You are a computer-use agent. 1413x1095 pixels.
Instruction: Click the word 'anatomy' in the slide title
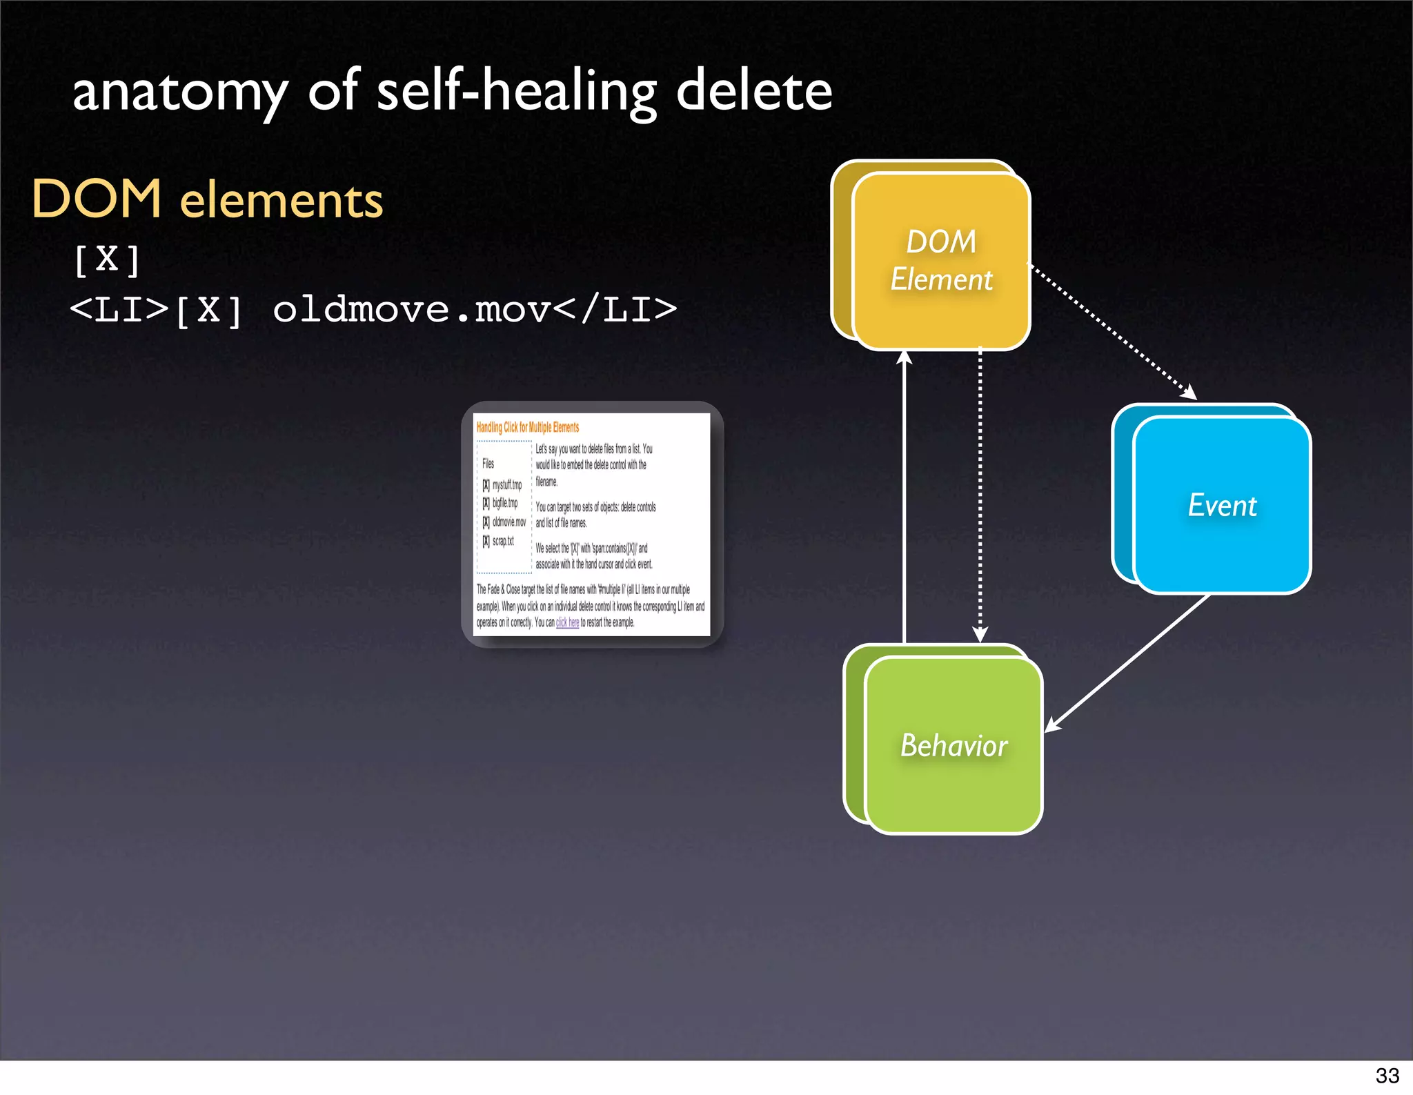pos(180,92)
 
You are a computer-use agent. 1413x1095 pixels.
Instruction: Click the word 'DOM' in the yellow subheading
pos(97,199)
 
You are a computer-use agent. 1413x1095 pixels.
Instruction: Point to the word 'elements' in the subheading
pos(281,201)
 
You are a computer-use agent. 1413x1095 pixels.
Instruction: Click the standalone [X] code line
pos(107,260)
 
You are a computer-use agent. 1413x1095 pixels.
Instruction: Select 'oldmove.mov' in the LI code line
pos(411,309)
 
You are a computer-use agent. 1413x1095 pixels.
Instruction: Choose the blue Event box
pos(1222,505)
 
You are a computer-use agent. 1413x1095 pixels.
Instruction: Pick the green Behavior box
pos(953,745)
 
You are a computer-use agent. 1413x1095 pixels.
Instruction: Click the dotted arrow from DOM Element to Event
pos(1112,331)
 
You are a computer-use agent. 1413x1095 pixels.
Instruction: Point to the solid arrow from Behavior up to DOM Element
pos(905,497)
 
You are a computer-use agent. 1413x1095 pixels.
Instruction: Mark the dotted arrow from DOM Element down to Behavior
pos(980,497)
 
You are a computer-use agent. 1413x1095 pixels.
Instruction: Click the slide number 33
pos(1387,1075)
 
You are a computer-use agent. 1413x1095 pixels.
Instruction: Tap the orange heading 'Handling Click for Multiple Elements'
pos(528,427)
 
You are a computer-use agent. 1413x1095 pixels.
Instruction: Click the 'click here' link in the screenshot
pos(567,622)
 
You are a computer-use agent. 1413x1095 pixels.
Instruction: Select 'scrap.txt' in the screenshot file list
pos(503,541)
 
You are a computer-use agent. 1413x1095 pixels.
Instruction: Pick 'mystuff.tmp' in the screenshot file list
pos(507,484)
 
